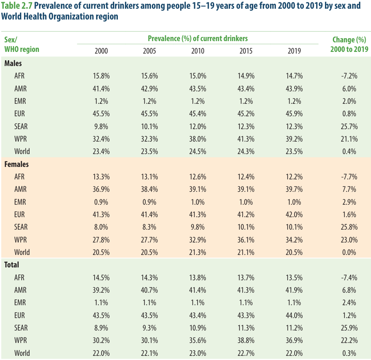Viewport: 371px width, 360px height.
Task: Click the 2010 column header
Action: click(x=198, y=51)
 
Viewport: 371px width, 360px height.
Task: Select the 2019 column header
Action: click(x=294, y=51)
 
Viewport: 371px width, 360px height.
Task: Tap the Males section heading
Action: click(x=13, y=64)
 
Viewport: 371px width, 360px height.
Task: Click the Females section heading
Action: click(x=17, y=164)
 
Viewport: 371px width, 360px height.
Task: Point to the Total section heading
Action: click(x=12, y=264)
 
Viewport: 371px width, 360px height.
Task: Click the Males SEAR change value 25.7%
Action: click(x=349, y=126)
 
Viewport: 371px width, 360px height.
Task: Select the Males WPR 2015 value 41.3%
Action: click(x=246, y=139)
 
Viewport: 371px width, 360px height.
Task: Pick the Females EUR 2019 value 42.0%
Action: click(x=294, y=214)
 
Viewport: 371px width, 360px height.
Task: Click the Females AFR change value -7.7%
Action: click(x=349, y=177)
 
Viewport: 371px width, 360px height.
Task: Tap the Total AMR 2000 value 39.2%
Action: click(x=101, y=290)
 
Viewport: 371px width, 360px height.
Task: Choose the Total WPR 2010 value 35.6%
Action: click(x=198, y=340)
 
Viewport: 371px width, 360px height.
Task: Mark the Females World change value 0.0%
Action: click(x=349, y=252)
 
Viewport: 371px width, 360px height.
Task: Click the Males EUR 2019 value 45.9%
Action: click(x=294, y=114)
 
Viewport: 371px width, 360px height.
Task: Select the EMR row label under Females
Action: click(x=20, y=202)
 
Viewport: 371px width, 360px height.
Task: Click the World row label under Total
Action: click(x=22, y=353)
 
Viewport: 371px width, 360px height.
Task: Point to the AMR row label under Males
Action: click(x=20, y=88)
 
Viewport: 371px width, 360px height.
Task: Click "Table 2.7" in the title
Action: click(x=17, y=6)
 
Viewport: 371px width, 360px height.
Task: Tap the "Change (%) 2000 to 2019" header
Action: click(x=349, y=44)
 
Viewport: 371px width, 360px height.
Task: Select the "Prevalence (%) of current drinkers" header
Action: click(x=198, y=38)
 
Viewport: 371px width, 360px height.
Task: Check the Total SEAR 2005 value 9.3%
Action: click(x=149, y=328)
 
